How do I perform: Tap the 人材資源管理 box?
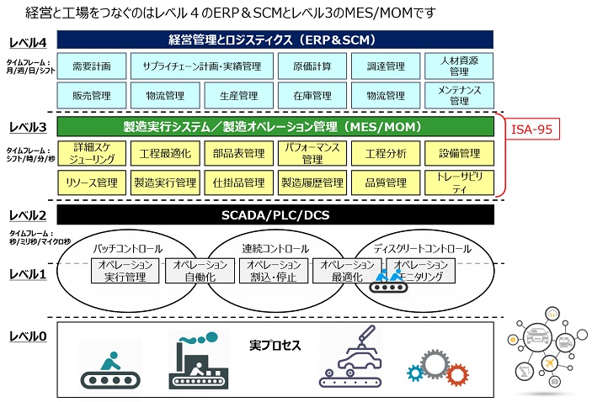(459, 66)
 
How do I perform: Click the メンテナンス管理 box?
(459, 95)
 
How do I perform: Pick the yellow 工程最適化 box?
(164, 153)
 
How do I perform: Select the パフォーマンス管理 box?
(311, 153)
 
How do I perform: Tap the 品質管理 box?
(386, 181)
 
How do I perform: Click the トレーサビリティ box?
(459, 181)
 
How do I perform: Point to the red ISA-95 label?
(534, 130)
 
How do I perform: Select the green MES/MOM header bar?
(275, 127)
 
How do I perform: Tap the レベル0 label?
(28, 336)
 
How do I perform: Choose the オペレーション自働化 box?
(194, 270)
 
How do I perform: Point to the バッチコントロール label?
(127, 249)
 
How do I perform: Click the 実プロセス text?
(275, 346)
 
